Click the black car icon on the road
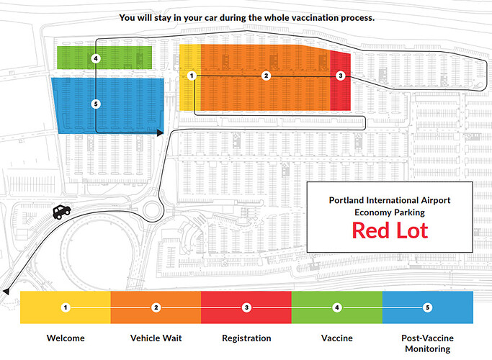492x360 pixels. click(x=61, y=212)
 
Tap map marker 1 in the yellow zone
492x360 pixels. click(x=192, y=76)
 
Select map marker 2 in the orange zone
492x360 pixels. click(x=266, y=76)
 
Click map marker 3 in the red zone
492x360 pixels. click(x=341, y=76)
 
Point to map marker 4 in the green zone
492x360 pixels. click(x=96, y=58)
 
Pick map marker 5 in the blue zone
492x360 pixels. click(x=96, y=104)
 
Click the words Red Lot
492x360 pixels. click(x=390, y=230)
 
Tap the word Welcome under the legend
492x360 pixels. click(x=66, y=338)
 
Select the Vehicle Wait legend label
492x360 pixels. click(x=156, y=338)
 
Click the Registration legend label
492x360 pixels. click(x=246, y=338)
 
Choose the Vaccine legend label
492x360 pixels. click(x=337, y=338)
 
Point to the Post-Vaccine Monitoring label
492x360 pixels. click(x=428, y=343)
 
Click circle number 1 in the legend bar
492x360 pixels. click(x=66, y=307)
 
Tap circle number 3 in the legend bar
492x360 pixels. click(x=246, y=307)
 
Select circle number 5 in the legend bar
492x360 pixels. click(x=427, y=307)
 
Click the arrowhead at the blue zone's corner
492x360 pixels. click(x=161, y=132)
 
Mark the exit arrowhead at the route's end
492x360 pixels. click(x=6, y=291)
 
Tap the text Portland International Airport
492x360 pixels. click(x=390, y=200)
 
